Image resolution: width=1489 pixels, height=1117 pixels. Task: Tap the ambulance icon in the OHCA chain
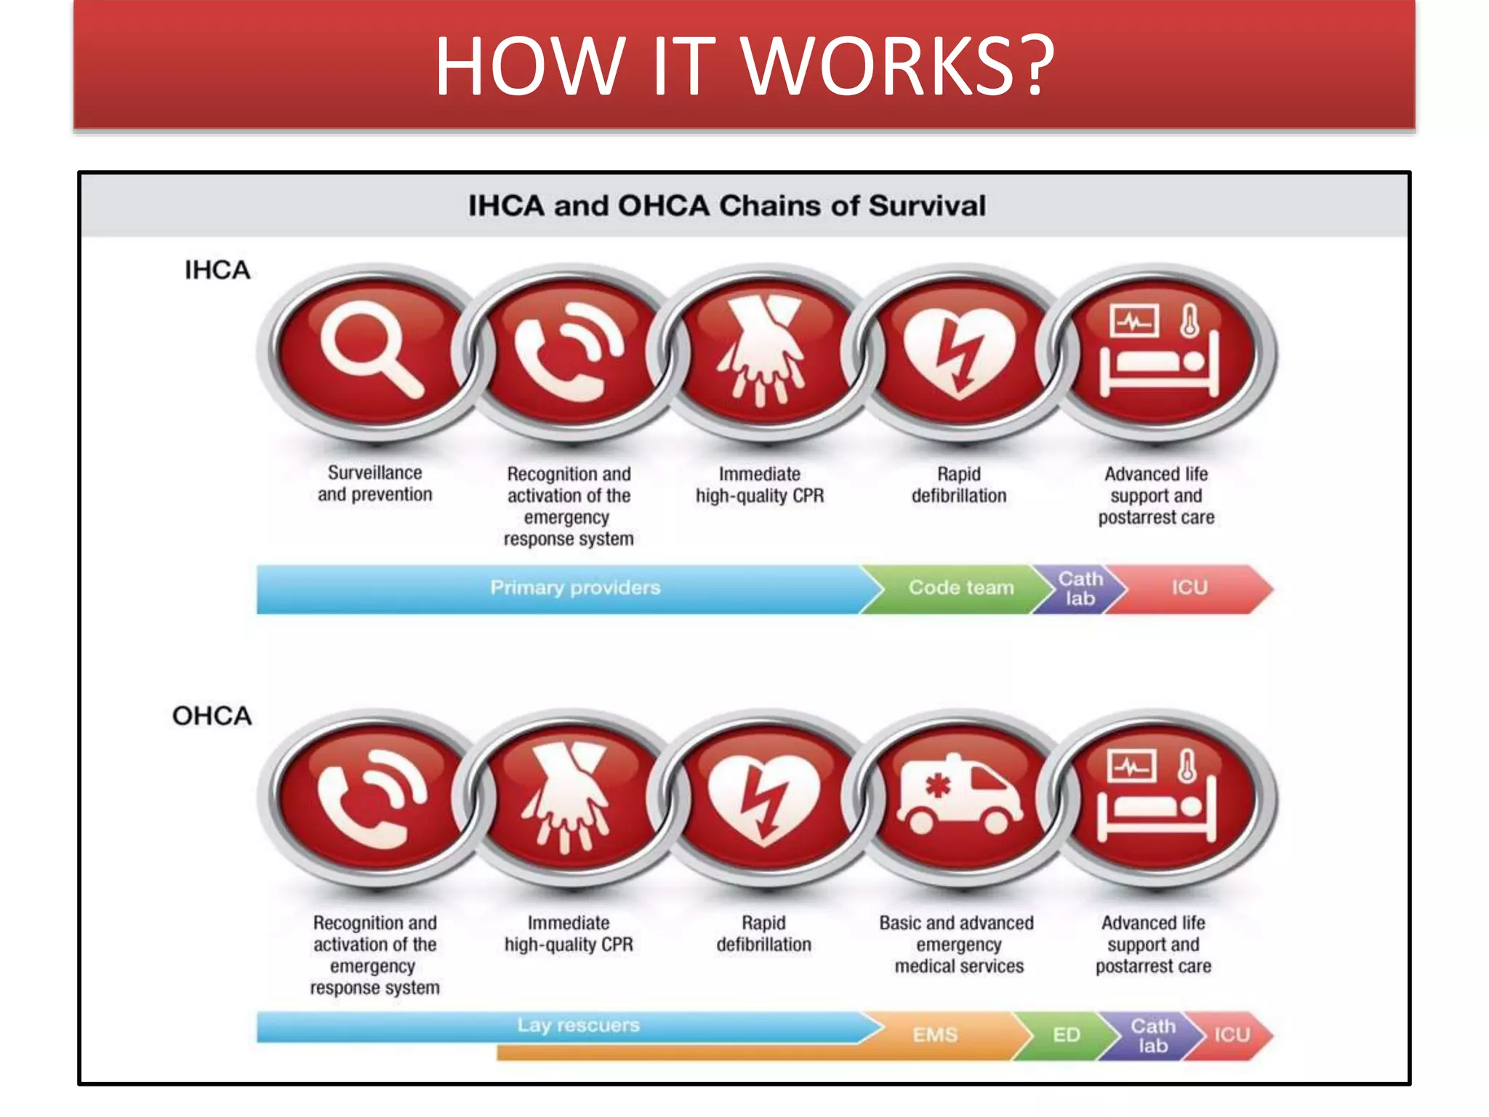[958, 796]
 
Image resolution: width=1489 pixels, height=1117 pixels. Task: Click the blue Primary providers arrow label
[574, 588]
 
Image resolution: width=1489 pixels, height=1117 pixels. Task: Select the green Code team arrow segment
[960, 588]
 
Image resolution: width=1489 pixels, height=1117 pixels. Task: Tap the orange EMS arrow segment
[935, 1035]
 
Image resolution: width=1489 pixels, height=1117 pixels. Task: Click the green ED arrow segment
[1066, 1035]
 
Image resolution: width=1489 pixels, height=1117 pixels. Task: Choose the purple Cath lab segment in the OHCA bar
[1152, 1036]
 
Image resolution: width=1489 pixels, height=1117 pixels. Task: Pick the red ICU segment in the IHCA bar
[1189, 588]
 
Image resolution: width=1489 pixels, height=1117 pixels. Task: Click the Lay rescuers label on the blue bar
[578, 1025]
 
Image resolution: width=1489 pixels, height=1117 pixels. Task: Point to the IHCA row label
[217, 271]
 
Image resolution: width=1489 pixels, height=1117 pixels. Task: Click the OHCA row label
[212, 716]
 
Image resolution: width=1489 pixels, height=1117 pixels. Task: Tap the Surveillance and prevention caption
[374, 484]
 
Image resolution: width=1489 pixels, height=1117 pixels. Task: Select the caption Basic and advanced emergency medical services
[958, 944]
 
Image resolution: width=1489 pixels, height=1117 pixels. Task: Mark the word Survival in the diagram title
[927, 206]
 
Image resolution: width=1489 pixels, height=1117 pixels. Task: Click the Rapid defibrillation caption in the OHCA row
[763, 934]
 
